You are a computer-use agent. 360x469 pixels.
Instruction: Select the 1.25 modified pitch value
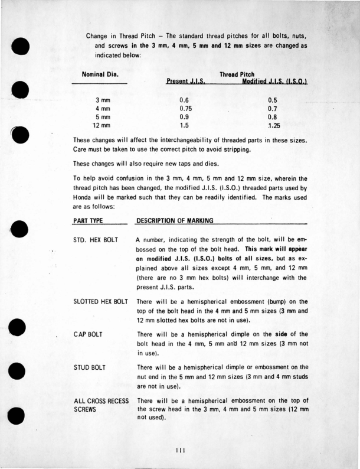click(273, 125)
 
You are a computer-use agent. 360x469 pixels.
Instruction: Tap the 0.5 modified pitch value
click(272, 100)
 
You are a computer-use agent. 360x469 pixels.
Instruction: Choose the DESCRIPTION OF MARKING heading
click(174, 221)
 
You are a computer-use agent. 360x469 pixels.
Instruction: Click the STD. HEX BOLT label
click(94, 240)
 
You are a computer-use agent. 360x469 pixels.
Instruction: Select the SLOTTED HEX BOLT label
click(100, 302)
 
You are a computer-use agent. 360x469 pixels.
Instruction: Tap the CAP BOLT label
click(88, 335)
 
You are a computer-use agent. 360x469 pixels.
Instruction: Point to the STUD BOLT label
click(90, 368)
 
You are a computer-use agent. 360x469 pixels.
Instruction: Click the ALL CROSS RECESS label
click(100, 400)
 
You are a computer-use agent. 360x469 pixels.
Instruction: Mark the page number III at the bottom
click(180, 450)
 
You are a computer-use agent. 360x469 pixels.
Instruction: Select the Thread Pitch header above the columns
click(236, 74)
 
